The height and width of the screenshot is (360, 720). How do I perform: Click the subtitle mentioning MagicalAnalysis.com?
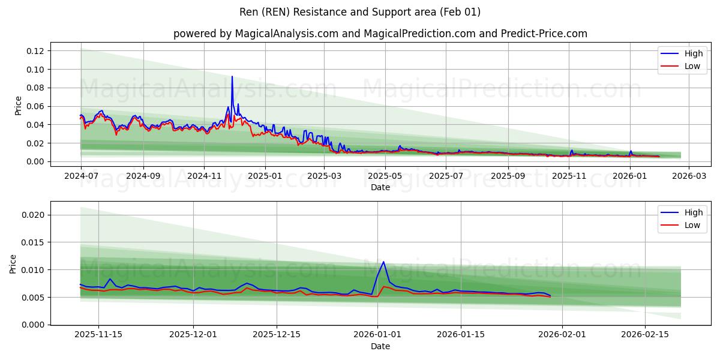coord(380,34)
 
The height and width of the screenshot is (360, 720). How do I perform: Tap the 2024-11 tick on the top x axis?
coord(204,176)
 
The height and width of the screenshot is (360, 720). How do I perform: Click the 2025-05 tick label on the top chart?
coord(385,176)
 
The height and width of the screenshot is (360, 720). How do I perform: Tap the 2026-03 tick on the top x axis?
coord(688,176)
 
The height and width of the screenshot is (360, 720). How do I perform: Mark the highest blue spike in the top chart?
coord(232,77)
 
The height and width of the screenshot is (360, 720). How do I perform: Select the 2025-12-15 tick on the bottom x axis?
coord(276,335)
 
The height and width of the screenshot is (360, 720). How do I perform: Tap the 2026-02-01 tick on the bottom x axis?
coord(562,335)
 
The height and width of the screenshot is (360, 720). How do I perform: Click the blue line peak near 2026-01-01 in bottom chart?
coord(383,262)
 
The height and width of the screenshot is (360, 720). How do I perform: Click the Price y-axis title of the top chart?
coord(18,106)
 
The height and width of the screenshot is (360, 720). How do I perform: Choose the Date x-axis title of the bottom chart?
coord(380,346)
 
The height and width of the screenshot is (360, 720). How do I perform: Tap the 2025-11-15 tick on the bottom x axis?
coord(98,335)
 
